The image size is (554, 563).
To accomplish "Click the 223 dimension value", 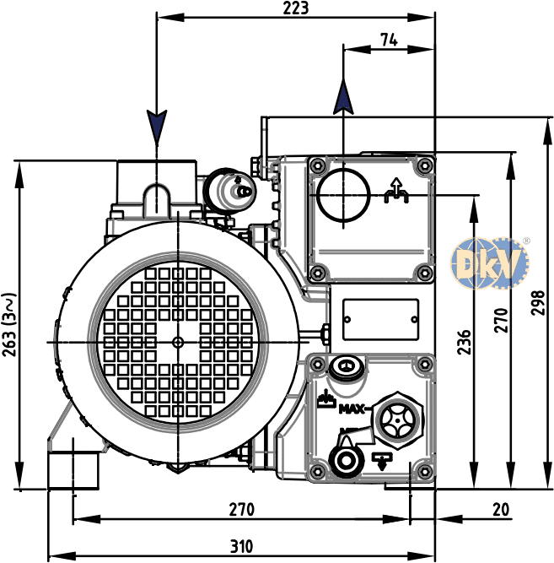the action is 295,8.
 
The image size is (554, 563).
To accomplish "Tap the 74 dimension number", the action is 389,40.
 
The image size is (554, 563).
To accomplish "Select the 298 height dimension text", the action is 537,303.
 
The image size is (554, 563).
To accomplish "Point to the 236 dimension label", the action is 464,342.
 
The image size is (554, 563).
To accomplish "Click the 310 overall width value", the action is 241,546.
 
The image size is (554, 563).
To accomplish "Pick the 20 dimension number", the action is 501,509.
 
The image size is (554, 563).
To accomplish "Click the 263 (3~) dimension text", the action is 9,325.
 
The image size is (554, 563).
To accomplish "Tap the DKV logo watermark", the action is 490,263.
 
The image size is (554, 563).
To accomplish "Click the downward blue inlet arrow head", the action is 157,127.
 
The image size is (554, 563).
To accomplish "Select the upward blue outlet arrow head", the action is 343,97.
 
